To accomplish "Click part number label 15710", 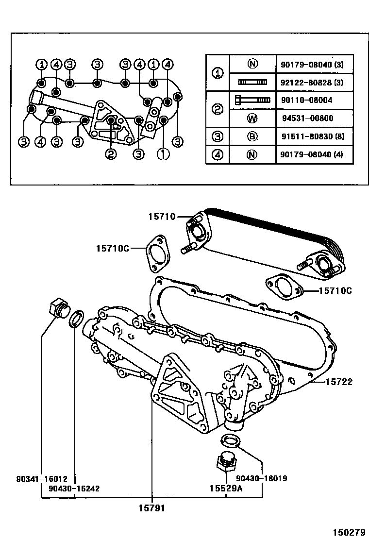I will pyautogui.click(x=162, y=217).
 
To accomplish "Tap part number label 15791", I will pyautogui.click(x=152, y=508).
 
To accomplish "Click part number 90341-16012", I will pyautogui.click(x=41, y=479).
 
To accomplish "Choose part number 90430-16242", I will pyautogui.click(x=74, y=488).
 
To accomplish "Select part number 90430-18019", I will pyautogui.click(x=263, y=479).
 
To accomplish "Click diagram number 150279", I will pyautogui.click(x=348, y=532).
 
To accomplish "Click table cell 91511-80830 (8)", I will pyautogui.click(x=311, y=136).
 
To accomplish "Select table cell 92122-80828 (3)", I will pyautogui.click(x=311, y=83).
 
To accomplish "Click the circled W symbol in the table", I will pyautogui.click(x=252, y=118).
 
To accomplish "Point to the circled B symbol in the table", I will pyautogui.click(x=252, y=136).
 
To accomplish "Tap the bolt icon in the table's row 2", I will pyautogui.click(x=252, y=100).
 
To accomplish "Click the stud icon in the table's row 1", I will pyautogui.click(x=252, y=83).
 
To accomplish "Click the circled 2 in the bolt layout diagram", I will pyautogui.click(x=111, y=154).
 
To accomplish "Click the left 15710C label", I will pyautogui.click(x=112, y=249).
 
